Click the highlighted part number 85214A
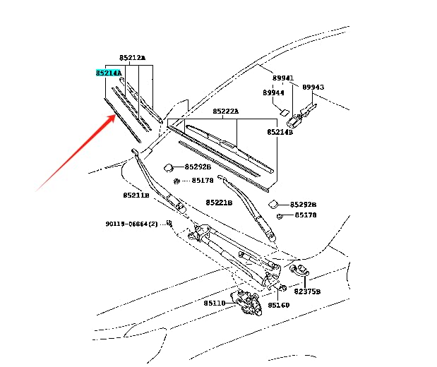[109, 73]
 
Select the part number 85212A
[133, 58]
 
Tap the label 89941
[283, 78]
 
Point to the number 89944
[273, 92]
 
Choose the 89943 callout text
[313, 88]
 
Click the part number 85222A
[226, 112]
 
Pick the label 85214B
[280, 132]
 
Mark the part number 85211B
[136, 195]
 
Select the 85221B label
[219, 203]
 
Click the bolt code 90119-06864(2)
[131, 224]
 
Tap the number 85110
[215, 303]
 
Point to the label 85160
[279, 305]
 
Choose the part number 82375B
[307, 291]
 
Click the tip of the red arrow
[116, 115]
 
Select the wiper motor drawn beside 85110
[246, 303]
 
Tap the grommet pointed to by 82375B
[298, 270]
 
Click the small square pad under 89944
[285, 112]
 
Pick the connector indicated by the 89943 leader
[301, 114]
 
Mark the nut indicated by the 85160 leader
[282, 287]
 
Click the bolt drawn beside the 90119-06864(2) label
[169, 223]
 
